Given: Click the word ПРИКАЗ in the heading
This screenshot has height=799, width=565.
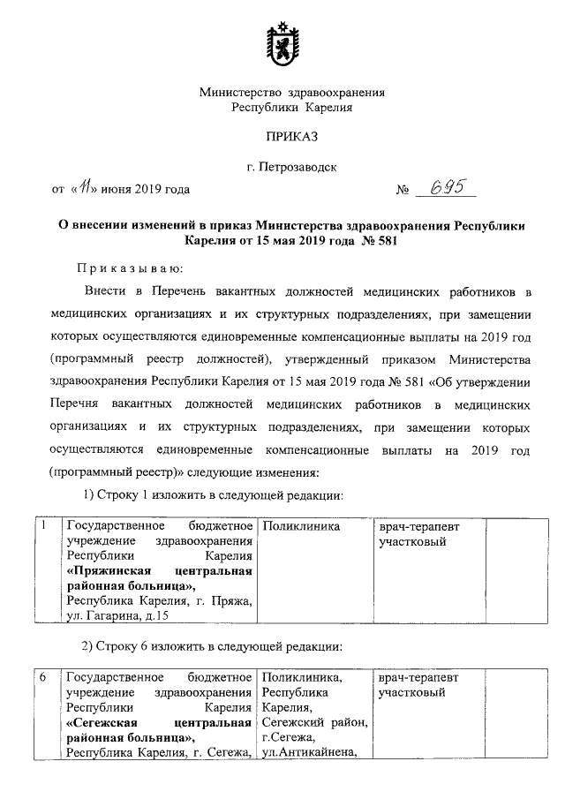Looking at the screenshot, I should [290, 135].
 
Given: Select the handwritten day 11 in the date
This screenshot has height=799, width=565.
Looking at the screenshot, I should [87, 187].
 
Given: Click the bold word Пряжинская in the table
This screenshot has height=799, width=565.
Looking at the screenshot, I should [112, 571].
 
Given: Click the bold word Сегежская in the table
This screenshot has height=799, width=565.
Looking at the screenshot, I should [109, 722].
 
